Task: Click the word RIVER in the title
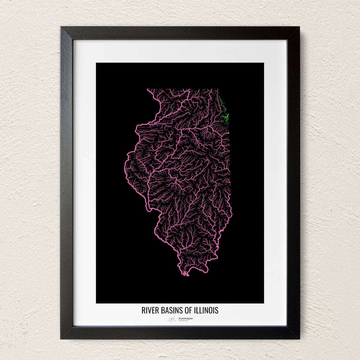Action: point(149,310)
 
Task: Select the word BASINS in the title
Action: point(168,310)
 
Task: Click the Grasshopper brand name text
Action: point(185,318)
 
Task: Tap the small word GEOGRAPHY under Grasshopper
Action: point(183,321)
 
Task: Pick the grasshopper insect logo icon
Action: point(172,319)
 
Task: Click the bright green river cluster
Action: point(225,117)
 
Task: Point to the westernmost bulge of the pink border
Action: point(125,167)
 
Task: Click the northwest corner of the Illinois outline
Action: point(148,89)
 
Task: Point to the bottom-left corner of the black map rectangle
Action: point(97,303)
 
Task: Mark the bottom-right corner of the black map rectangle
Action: point(263,303)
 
